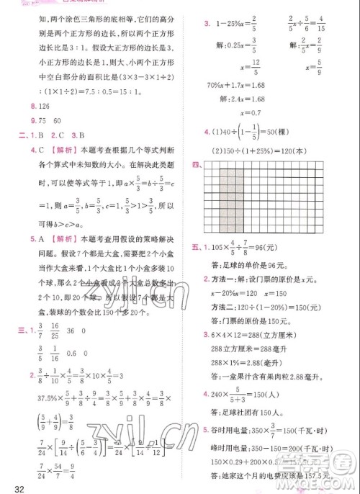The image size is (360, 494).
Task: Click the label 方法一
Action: click(x=222, y=283)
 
